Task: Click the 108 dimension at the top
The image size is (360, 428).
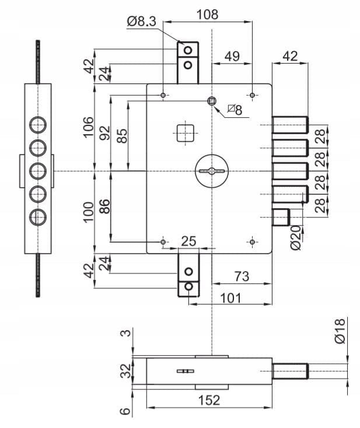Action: pyautogui.click(x=208, y=14)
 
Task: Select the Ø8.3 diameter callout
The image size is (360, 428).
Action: pyautogui.click(x=141, y=22)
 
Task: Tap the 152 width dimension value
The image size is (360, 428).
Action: pyautogui.click(x=209, y=400)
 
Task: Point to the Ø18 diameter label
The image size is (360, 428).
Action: pyautogui.click(x=340, y=331)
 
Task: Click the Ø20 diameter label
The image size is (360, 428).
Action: pyautogui.click(x=296, y=238)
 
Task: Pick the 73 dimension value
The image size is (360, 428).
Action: pyautogui.click(x=242, y=276)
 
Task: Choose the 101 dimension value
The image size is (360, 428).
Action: pyautogui.click(x=231, y=298)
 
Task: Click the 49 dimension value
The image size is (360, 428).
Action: pyautogui.click(x=232, y=56)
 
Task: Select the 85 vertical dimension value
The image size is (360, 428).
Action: pyautogui.click(x=122, y=136)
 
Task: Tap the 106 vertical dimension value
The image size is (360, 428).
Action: pyautogui.click(x=88, y=127)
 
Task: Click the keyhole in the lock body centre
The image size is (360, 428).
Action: pyautogui.click(x=212, y=171)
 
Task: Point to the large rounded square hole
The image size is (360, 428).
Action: pyautogui.click(x=186, y=133)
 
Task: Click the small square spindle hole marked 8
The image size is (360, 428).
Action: pyautogui.click(x=212, y=101)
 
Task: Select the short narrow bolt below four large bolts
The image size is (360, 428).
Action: pyautogui.click(x=281, y=217)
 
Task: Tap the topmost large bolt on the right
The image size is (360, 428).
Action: pyautogui.click(x=290, y=125)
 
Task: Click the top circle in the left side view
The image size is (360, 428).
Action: pyautogui.click(x=38, y=125)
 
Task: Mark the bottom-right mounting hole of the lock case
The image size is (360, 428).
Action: pyautogui.click(x=252, y=242)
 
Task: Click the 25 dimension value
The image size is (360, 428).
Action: pyautogui.click(x=188, y=241)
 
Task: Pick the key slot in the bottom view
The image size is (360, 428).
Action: pyautogui.click(x=186, y=371)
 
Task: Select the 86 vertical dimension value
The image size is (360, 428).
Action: pyautogui.click(x=105, y=206)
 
